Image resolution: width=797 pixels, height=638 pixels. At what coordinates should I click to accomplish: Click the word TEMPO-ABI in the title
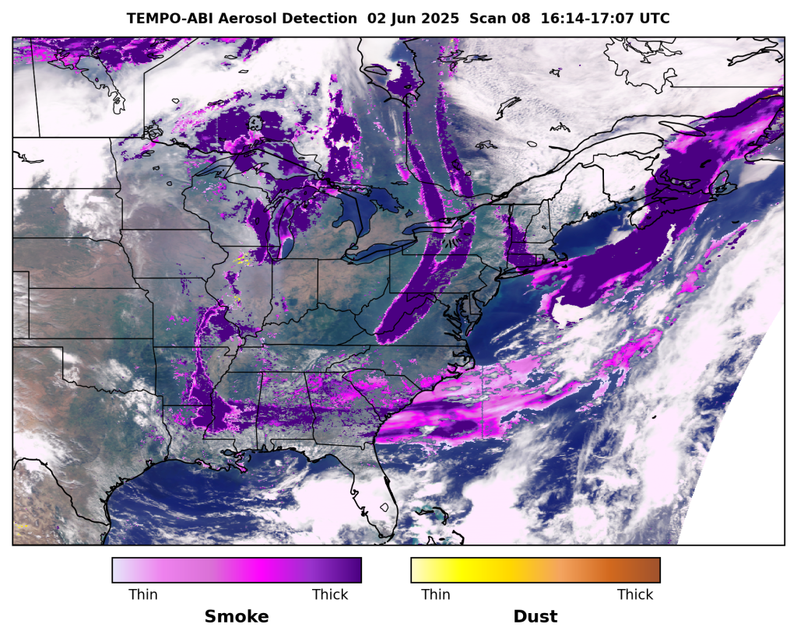pyautogui.click(x=166, y=18)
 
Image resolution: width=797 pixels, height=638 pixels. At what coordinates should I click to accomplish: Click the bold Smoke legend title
pyautogui.click(x=237, y=617)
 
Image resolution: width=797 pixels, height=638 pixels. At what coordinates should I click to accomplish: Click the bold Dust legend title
pyautogui.click(x=535, y=617)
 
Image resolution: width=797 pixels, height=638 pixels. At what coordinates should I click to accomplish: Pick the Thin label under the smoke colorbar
pyautogui.click(x=142, y=594)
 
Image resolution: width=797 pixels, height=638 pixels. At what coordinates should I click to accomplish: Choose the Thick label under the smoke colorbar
pyautogui.click(x=330, y=594)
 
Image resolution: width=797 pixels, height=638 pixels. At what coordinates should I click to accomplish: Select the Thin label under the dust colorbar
pyautogui.click(x=436, y=594)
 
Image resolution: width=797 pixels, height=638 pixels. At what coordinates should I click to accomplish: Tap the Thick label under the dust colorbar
pyautogui.click(x=635, y=594)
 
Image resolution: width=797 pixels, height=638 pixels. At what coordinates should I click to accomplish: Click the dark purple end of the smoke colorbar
pyautogui.click(x=354, y=570)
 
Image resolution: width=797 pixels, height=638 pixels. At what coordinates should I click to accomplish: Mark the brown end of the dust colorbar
pyautogui.click(x=652, y=570)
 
